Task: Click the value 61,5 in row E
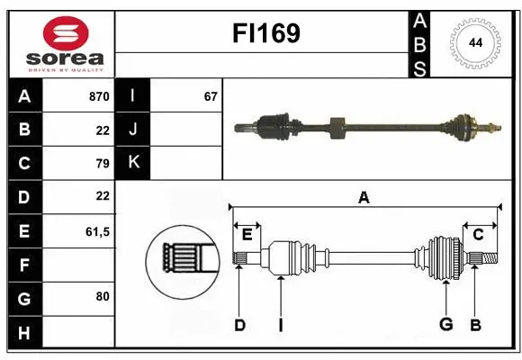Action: (97, 231)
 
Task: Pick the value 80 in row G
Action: (102, 295)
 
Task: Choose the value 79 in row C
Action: (102, 163)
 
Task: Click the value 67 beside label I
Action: (211, 95)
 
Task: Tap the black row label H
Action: (23, 332)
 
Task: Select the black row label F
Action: (23, 265)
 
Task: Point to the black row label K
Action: (133, 162)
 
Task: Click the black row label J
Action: (133, 129)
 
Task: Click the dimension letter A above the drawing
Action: (364, 198)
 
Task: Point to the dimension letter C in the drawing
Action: (478, 235)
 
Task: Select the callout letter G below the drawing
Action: (445, 325)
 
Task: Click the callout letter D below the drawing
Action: (239, 325)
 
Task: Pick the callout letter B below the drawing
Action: (475, 325)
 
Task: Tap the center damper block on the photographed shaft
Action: (338, 128)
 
